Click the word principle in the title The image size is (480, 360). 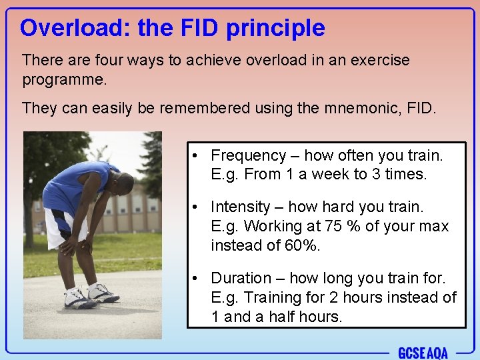coord(275,29)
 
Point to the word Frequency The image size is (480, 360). coord(248,155)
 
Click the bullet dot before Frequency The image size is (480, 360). coord(192,156)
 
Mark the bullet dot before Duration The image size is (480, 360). coord(192,279)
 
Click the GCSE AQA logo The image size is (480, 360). coord(423,353)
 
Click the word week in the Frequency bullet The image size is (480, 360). coord(324,174)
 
